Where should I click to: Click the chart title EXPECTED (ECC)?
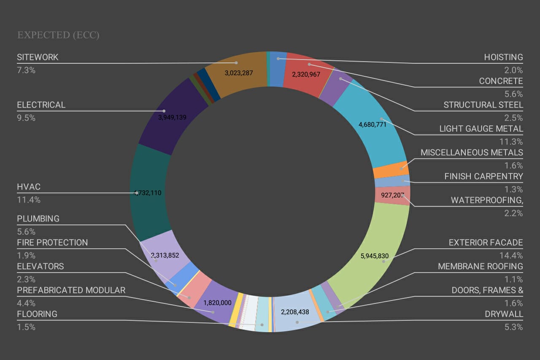pos(58,35)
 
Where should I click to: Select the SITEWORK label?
pos(38,57)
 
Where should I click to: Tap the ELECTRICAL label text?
pos(41,105)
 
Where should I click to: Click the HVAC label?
pos(29,187)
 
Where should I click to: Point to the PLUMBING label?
pos(38,219)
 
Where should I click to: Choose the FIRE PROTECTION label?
pos(52,243)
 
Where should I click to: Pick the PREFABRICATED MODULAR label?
pos(71,290)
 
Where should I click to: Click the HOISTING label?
pos(503,57)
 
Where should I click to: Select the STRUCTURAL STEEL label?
pos(483,105)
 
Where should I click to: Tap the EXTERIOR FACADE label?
pos(486,243)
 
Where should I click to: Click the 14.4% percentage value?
pos(513,256)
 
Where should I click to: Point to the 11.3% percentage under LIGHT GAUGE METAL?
pos(513,142)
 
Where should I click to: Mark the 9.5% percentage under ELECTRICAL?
pos(26,118)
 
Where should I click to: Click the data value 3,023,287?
pos(239,73)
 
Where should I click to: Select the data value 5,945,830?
pos(375,256)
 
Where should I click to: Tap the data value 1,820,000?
pos(217,303)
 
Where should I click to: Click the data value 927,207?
pos(392,195)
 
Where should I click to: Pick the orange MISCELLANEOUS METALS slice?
pos(391,170)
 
